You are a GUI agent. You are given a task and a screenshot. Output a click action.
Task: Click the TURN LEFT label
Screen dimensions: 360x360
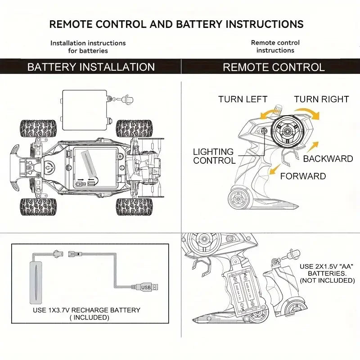[x=243, y=99]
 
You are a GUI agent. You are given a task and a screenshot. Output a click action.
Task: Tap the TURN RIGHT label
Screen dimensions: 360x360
[x=321, y=99]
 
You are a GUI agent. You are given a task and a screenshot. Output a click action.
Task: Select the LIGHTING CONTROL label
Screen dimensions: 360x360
[x=214, y=156]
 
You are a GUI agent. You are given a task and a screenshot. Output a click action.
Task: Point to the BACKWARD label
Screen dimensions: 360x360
[x=328, y=159]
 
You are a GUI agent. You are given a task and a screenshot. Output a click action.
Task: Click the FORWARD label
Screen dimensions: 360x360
[x=303, y=176]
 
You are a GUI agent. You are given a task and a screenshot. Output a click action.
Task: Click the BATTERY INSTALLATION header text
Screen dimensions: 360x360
[x=91, y=67]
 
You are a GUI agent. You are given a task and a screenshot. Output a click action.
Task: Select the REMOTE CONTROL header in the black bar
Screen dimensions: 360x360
[x=274, y=67]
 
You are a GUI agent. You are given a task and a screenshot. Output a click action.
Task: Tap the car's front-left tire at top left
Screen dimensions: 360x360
[x=38, y=128]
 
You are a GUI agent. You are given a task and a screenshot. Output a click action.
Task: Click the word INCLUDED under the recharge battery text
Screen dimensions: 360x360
[x=90, y=317]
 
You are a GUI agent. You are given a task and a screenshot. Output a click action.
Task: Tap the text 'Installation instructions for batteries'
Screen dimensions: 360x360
[x=88, y=47]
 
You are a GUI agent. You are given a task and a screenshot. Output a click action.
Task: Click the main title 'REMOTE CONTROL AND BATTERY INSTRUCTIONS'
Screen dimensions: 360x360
[x=176, y=24]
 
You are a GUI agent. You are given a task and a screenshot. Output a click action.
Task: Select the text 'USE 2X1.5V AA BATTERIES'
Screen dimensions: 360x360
[x=327, y=270]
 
